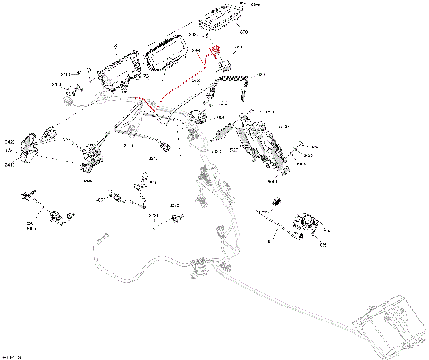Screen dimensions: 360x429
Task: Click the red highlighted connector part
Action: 215,51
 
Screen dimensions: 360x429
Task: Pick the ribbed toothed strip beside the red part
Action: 233,80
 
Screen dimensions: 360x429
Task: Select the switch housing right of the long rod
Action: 308,224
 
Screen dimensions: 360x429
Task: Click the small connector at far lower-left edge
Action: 31,193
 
